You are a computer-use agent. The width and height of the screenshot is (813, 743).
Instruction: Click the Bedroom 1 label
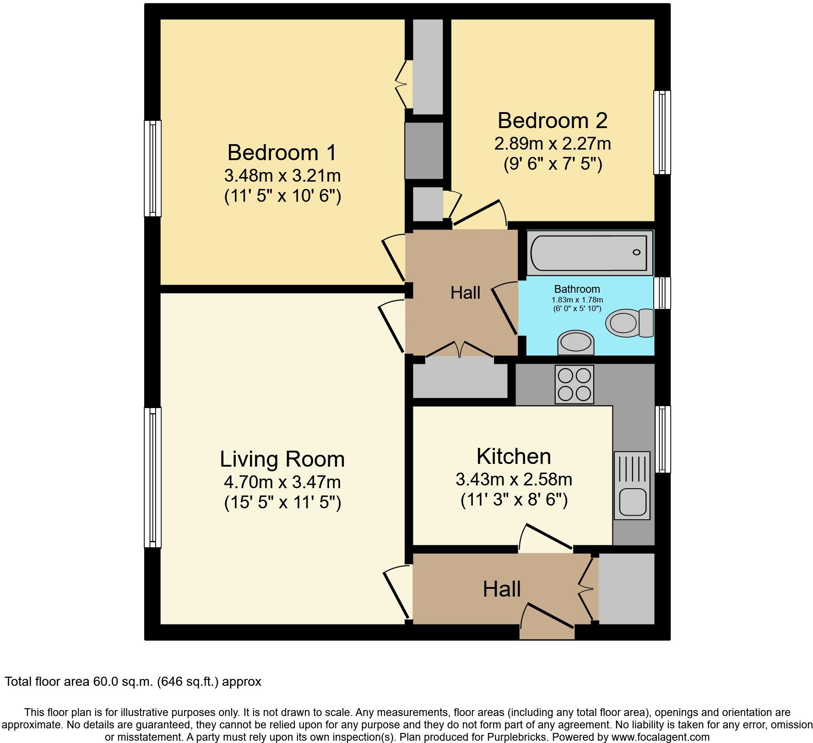click(282, 153)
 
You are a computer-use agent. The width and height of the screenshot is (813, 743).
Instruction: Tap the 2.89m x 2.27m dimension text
click(552, 144)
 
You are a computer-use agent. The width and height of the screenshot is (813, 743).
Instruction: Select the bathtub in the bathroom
click(589, 253)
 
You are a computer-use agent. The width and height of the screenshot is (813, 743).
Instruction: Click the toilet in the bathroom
click(629, 322)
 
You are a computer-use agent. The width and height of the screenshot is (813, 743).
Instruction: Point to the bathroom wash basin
click(575, 343)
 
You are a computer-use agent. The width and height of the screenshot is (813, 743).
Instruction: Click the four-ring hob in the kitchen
click(574, 384)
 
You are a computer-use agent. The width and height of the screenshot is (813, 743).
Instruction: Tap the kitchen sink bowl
click(633, 502)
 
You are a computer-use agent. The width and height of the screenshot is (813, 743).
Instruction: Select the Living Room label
click(282, 459)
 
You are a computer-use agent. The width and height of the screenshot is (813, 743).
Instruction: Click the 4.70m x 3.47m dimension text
click(282, 482)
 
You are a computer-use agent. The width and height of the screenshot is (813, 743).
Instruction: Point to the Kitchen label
click(514, 457)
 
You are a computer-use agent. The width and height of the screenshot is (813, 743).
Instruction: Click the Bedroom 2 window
click(662, 132)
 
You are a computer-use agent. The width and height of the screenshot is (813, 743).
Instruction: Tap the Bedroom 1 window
click(152, 168)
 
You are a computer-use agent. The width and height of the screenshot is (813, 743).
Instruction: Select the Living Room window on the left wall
click(152, 477)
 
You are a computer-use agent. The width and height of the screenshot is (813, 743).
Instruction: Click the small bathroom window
click(662, 293)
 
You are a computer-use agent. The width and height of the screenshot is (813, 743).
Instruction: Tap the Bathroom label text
click(577, 289)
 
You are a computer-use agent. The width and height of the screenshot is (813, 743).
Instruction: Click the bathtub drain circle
click(636, 252)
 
